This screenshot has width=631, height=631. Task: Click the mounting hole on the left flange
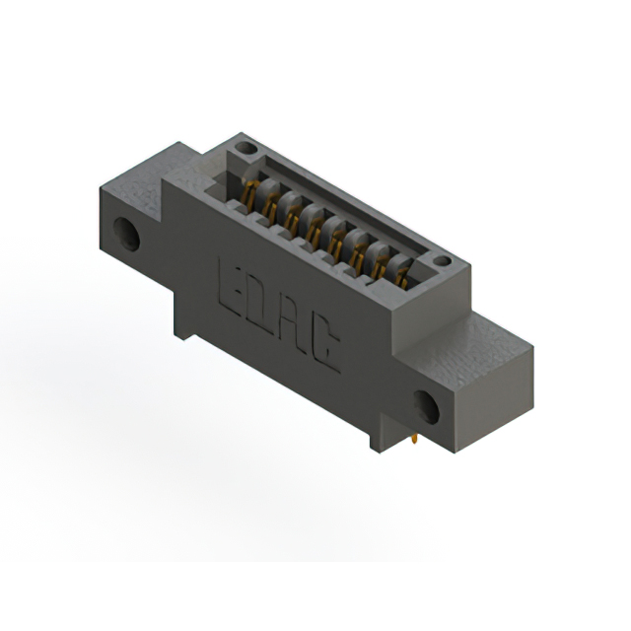(125, 233)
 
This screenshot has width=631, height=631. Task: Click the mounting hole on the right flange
(427, 404)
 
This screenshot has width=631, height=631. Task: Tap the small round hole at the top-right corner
(442, 262)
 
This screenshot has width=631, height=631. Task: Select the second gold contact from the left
(272, 202)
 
